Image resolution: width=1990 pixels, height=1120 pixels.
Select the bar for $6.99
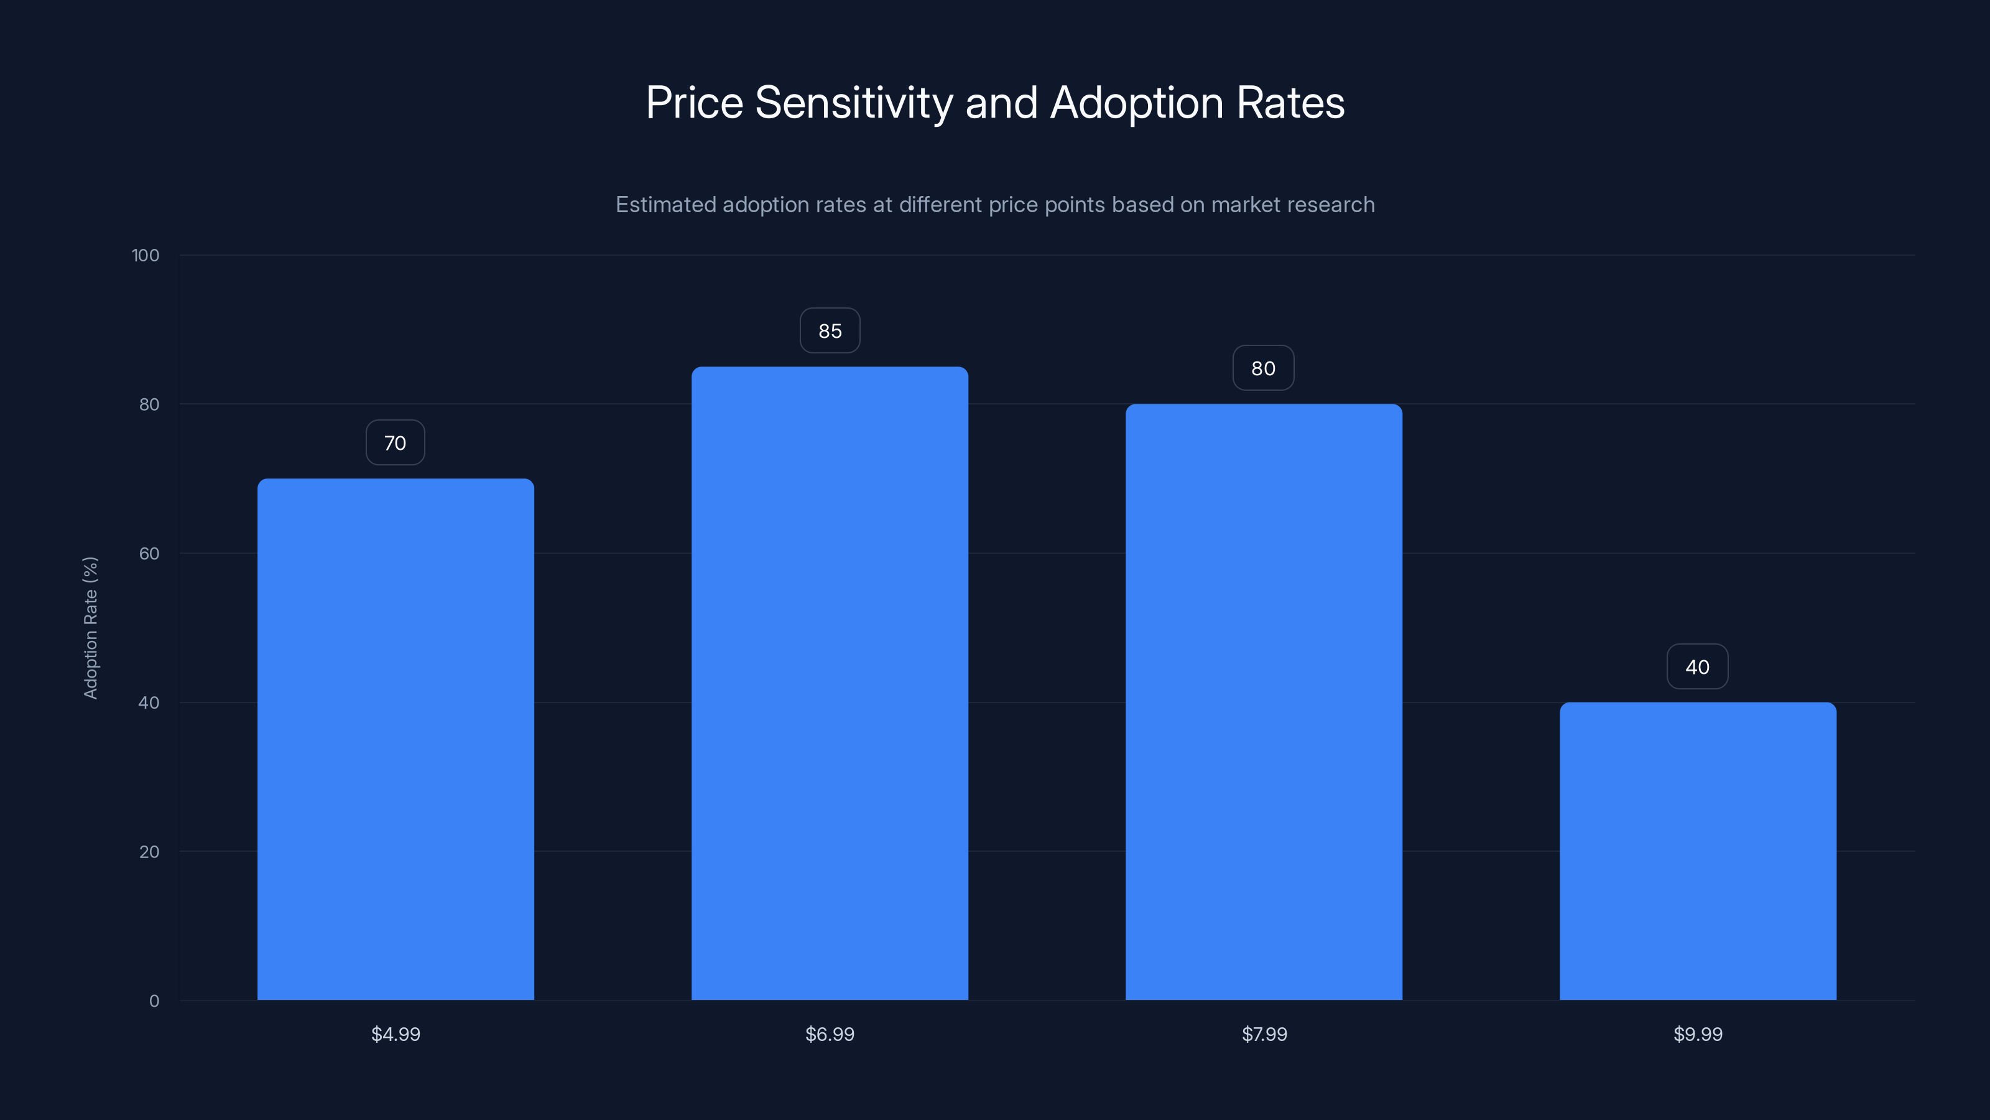click(x=830, y=683)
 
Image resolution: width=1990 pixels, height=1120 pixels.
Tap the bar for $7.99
click(x=1264, y=702)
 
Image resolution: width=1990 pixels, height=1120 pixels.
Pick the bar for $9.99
click(x=1698, y=851)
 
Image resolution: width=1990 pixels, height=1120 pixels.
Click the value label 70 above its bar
click(x=396, y=443)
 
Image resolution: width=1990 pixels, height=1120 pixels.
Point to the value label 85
click(x=830, y=331)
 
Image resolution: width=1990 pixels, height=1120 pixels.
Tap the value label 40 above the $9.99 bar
click(x=1697, y=667)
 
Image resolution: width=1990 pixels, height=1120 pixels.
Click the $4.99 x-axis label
click(x=396, y=1034)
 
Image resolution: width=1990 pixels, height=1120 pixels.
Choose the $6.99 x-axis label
click(x=830, y=1034)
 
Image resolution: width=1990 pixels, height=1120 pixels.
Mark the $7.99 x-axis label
click(x=1264, y=1034)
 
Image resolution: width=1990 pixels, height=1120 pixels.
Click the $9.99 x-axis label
click(x=1698, y=1034)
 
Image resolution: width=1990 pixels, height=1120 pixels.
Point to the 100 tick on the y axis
click(x=146, y=255)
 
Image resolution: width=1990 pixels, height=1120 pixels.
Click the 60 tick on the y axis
click(x=149, y=553)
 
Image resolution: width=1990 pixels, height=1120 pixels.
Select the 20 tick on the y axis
click(x=149, y=852)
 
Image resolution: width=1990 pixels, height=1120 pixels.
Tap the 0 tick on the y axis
click(x=154, y=1001)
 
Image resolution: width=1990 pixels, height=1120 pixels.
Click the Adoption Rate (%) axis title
click(x=90, y=628)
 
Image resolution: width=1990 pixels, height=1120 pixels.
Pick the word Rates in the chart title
click(x=1290, y=103)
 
